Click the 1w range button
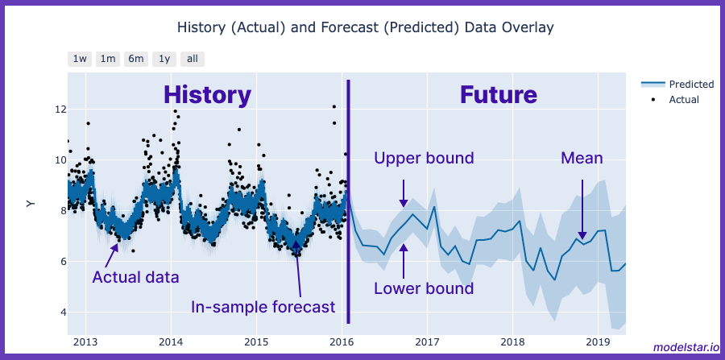tap(80, 59)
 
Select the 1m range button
tap(108, 59)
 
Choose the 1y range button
tap(164, 59)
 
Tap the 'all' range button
tap(193, 59)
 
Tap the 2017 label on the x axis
tap(427, 341)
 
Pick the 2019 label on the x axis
tap(598, 341)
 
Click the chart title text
tap(366, 28)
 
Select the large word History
tap(208, 95)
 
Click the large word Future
tap(498, 95)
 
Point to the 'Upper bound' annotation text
tap(424, 158)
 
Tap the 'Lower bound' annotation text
tap(424, 288)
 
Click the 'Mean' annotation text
tap(582, 158)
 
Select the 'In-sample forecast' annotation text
tap(263, 307)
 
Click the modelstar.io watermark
tap(685, 347)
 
